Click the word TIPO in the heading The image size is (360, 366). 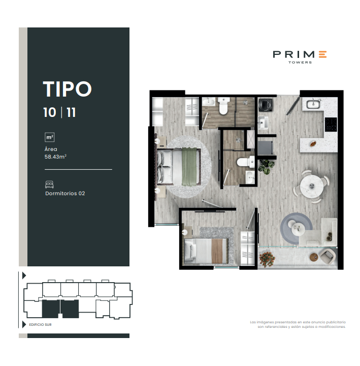(x=67, y=88)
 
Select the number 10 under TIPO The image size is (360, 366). (x=50, y=112)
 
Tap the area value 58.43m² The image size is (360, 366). (x=56, y=157)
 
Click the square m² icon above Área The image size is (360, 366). (x=50, y=137)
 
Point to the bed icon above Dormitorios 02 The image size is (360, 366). (x=50, y=184)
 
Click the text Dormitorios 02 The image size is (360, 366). (x=64, y=193)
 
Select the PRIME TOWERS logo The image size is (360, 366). (x=300, y=56)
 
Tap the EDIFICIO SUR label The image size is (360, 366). (x=40, y=324)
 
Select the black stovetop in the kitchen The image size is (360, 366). (x=331, y=124)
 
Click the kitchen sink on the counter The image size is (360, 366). (x=312, y=105)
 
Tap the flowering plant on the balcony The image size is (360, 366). (x=266, y=259)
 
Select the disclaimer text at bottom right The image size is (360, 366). (x=298, y=324)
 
